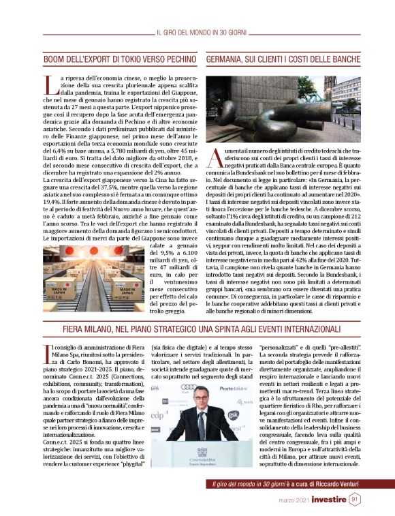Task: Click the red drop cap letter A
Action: tap(212, 158)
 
